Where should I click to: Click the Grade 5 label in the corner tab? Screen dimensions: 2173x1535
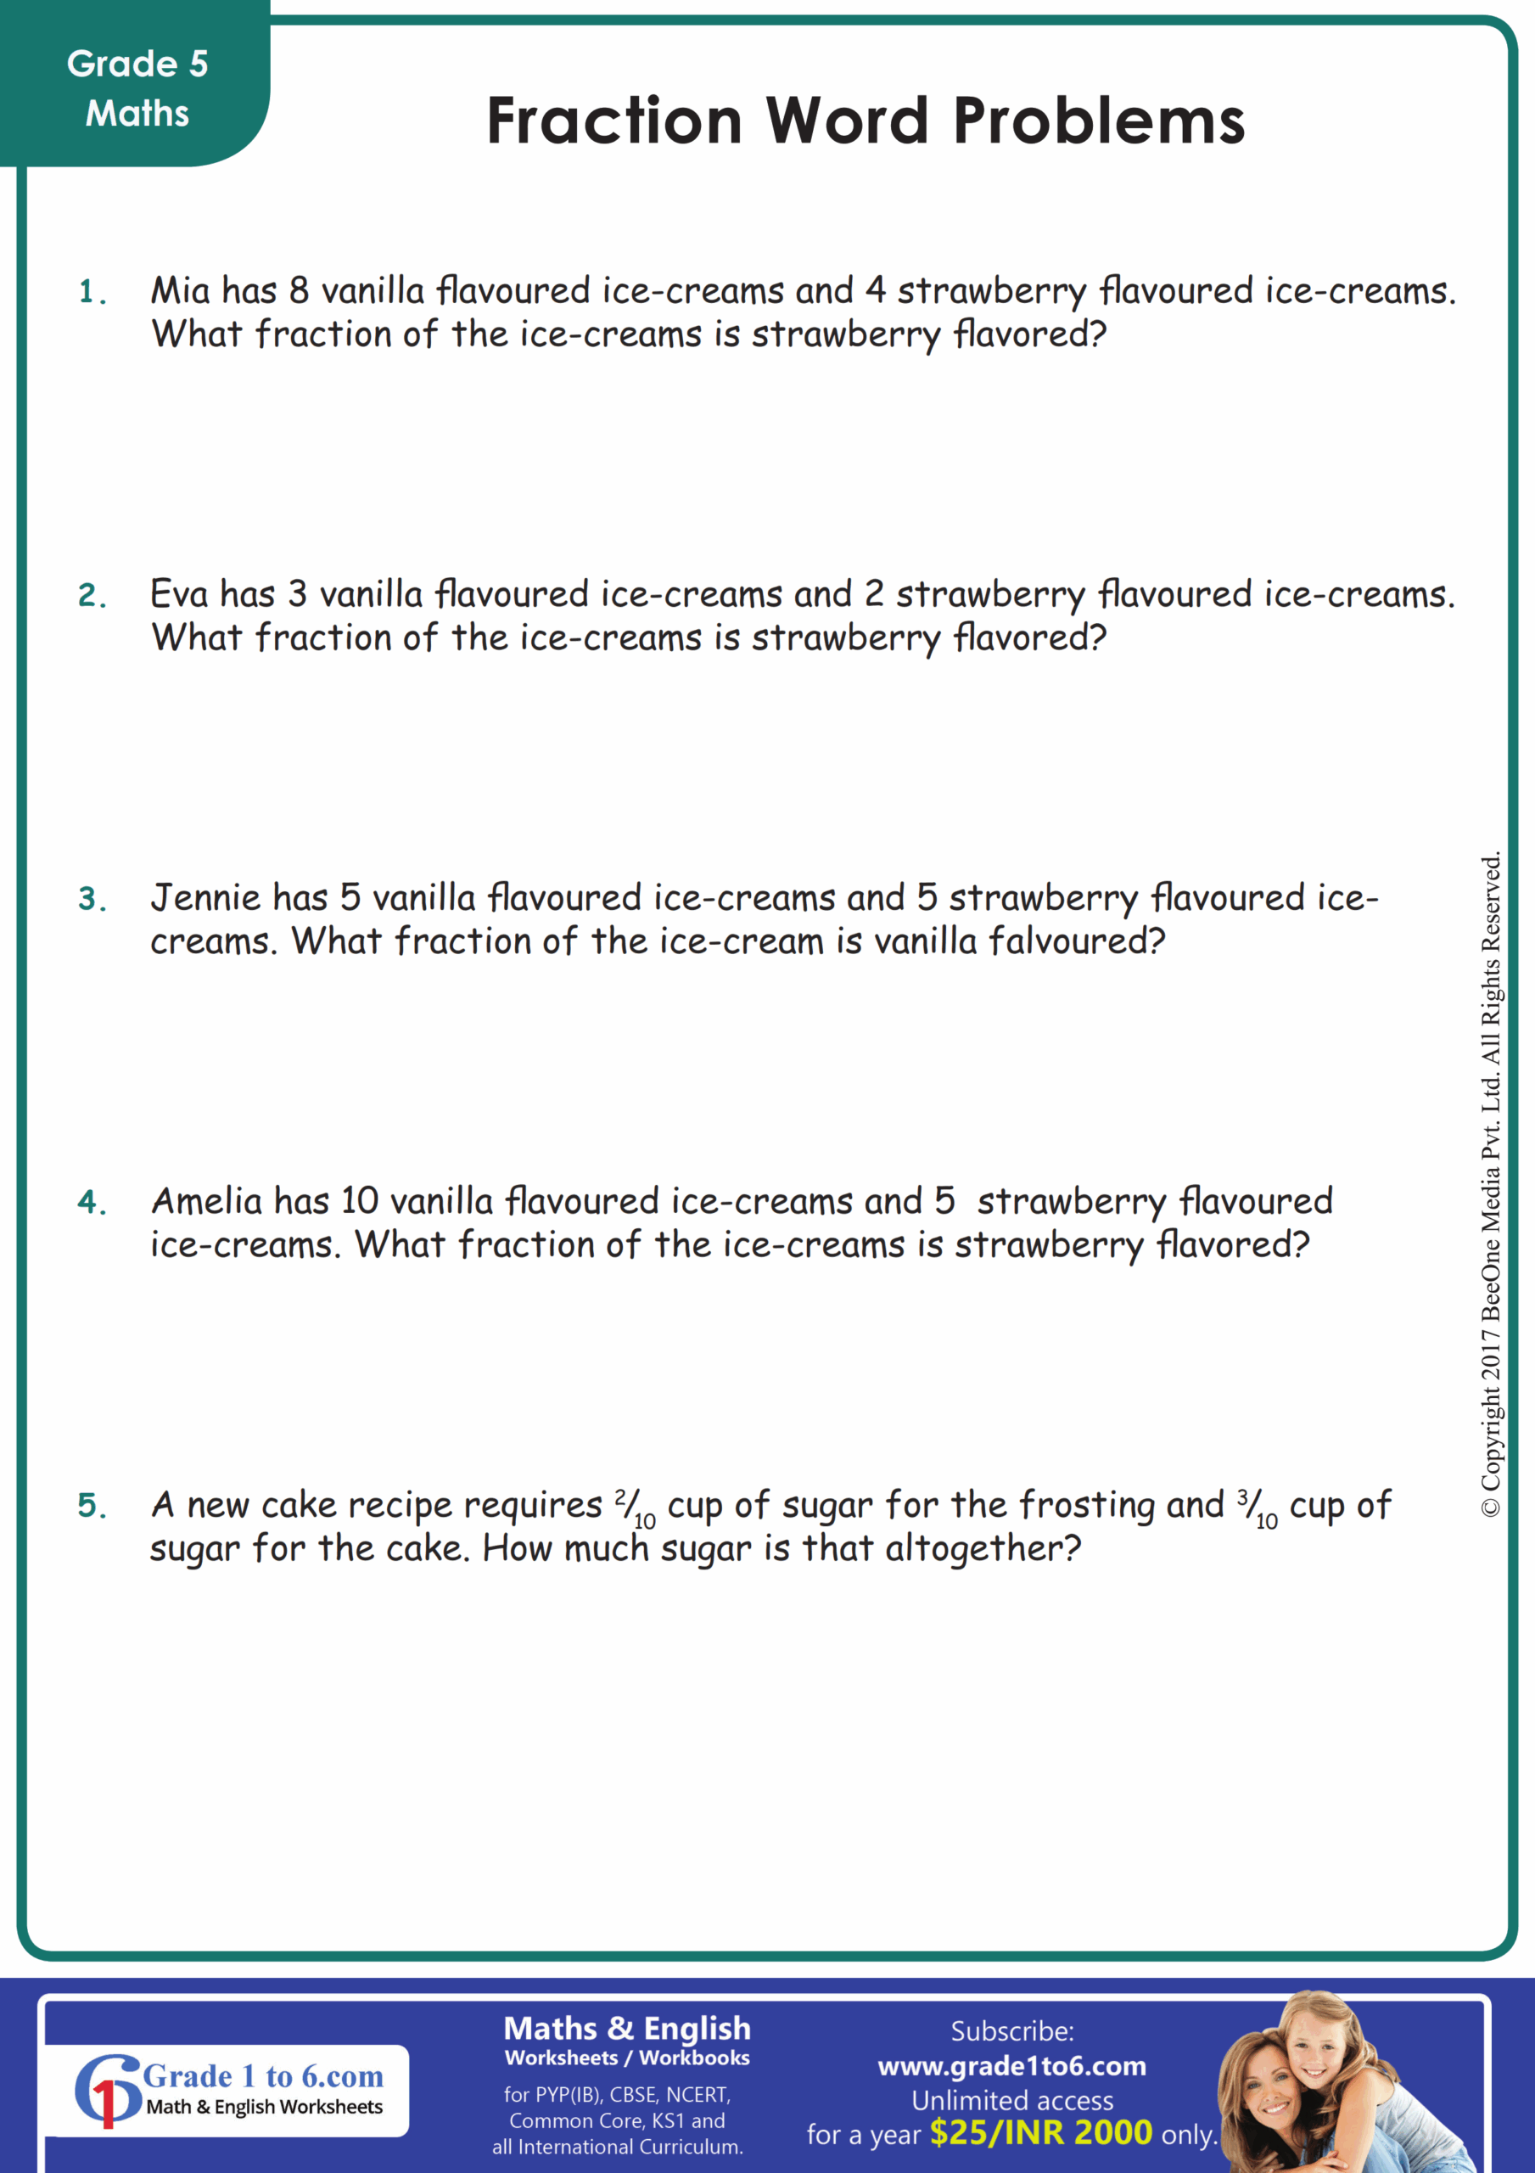[x=137, y=65]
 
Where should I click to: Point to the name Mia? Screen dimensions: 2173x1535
[x=180, y=290]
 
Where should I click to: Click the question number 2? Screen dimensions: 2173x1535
[x=91, y=595]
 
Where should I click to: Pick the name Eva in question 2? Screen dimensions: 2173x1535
[x=178, y=594]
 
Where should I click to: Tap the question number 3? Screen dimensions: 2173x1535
[x=91, y=899]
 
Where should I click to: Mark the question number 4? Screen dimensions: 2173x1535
[x=91, y=1202]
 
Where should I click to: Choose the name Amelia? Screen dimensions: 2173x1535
[x=206, y=1201]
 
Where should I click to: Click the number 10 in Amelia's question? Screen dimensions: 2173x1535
[x=360, y=1201]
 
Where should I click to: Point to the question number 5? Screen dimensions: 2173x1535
[x=91, y=1505]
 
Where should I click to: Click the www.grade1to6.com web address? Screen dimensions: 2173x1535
[x=1011, y=2065]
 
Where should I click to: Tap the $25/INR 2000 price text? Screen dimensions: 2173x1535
[x=1040, y=2133]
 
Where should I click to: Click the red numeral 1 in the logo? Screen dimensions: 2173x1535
[x=107, y=2104]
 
